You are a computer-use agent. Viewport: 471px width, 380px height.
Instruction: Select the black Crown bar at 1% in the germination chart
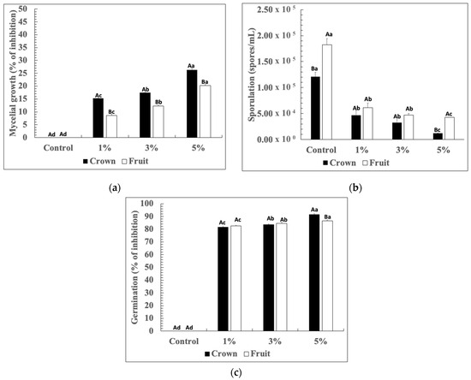(x=223, y=278)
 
